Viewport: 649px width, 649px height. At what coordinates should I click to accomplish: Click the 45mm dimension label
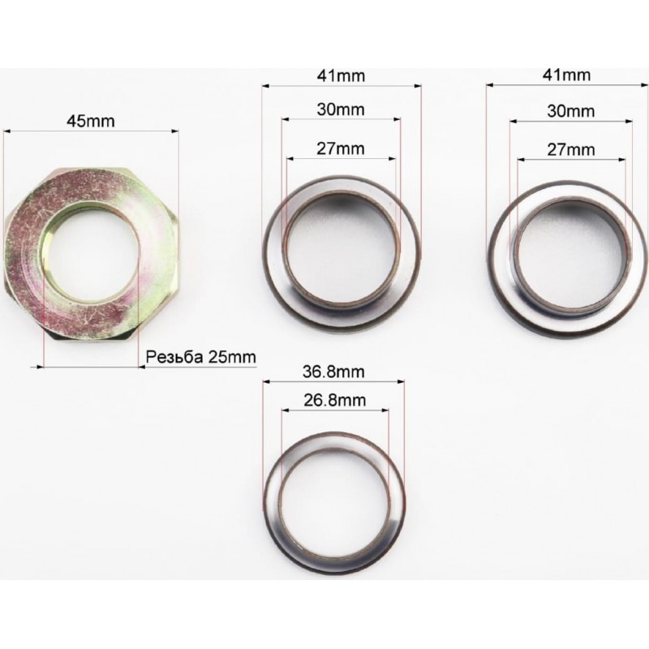(x=90, y=121)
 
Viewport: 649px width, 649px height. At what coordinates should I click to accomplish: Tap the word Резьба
(x=174, y=357)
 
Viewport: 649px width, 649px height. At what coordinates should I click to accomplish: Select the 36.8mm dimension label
(x=333, y=372)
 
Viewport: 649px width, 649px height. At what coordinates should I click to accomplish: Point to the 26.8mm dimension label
(x=334, y=400)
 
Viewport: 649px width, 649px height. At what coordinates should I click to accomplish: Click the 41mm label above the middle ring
(x=341, y=76)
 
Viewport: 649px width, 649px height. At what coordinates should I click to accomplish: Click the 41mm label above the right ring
(x=566, y=75)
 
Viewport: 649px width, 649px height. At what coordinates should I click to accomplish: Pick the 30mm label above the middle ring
(x=341, y=110)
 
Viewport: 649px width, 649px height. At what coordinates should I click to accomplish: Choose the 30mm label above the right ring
(x=571, y=111)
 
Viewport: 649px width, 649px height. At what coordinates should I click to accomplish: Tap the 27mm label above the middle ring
(x=341, y=148)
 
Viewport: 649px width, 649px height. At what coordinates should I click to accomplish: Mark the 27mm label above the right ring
(x=571, y=149)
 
